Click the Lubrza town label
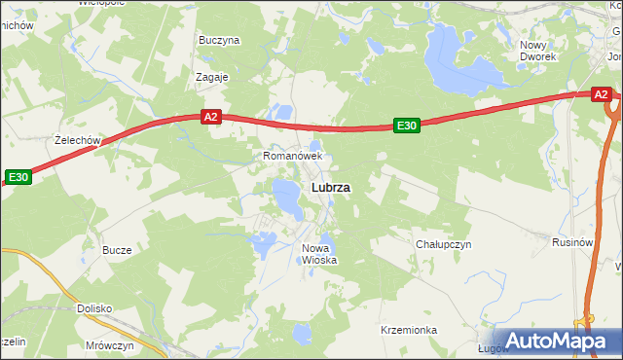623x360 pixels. coord(331,187)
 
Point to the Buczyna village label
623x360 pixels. coord(219,41)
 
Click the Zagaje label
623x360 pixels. coord(211,77)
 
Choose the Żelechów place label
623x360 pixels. coord(79,140)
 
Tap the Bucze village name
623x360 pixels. coord(117,250)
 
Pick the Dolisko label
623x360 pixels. coord(94,308)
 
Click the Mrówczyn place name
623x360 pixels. coord(109,345)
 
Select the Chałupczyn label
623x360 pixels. coord(443,244)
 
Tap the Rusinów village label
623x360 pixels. coord(572,241)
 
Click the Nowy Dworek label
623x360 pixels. coord(537,51)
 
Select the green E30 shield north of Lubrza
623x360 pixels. coord(406,125)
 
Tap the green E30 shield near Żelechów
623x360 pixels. coord(18,177)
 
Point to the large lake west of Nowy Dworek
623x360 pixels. coord(456,55)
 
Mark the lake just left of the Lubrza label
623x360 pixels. coord(287,198)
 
